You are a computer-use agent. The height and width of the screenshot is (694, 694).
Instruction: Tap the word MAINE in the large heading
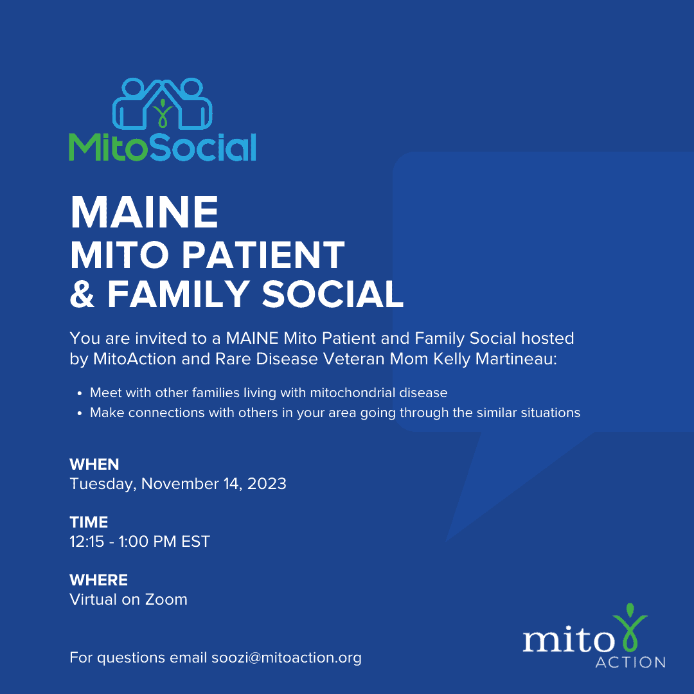pyautogui.click(x=145, y=213)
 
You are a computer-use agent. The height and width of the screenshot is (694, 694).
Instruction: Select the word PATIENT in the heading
pyautogui.click(x=263, y=255)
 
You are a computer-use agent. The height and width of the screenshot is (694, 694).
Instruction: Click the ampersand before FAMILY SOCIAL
pyautogui.click(x=82, y=294)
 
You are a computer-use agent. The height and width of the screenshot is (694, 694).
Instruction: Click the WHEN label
pyautogui.click(x=94, y=465)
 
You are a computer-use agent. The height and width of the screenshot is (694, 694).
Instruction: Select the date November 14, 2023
pyautogui.click(x=214, y=484)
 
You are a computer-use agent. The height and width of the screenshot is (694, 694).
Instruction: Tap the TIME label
pyautogui.click(x=89, y=522)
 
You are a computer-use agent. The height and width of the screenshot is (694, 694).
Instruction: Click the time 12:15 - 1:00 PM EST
pyautogui.click(x=140, y=541)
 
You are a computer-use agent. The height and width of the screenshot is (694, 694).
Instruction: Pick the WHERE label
pyautogui.click(x=99, y=580)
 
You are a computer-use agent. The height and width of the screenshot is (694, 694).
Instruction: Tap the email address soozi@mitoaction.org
pyautogui.click(x=287, y=658)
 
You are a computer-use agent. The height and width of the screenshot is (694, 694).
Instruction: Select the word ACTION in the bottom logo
pyautogui.click(x=630, y=662)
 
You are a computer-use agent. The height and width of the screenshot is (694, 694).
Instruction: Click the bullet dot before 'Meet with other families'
pyautogui.click(x=80, y=393)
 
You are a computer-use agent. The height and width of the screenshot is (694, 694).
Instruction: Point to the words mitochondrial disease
pyautogui.click(x=378, y=393)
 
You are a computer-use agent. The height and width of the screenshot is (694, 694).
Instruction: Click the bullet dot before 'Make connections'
pyautogui.click(x=80, y=413)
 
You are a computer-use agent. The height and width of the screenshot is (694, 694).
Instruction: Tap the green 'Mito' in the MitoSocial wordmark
pyautogui.click(x=107, y=147)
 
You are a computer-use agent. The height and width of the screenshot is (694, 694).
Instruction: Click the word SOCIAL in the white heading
pyautogui.click(x=333, y=294)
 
